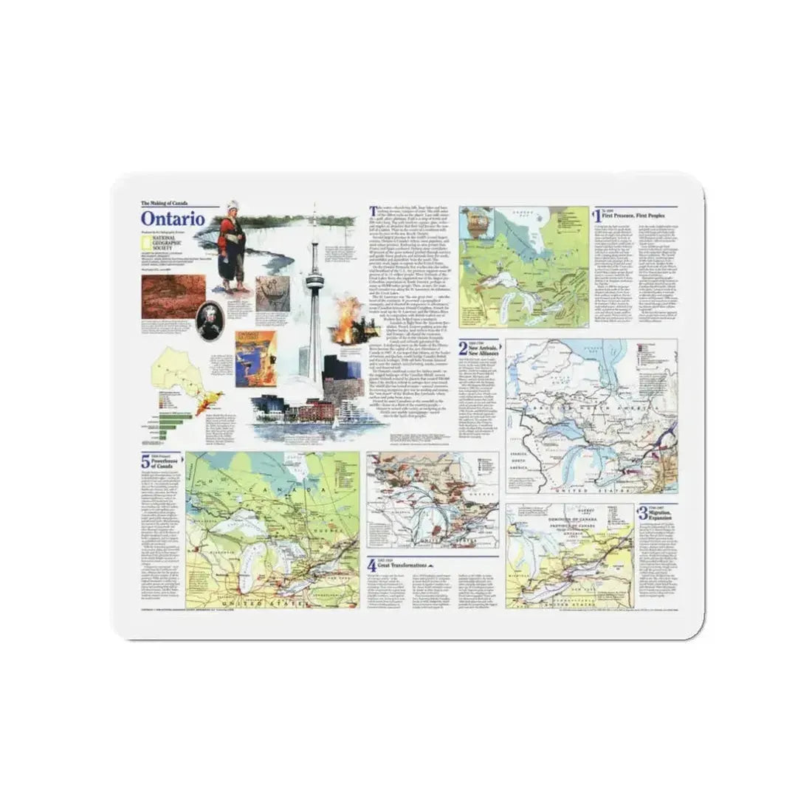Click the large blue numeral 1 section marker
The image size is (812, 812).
click(x=597, y=216)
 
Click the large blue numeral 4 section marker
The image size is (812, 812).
click(x=372, y=566)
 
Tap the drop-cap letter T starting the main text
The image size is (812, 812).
click(x=372, y=211)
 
